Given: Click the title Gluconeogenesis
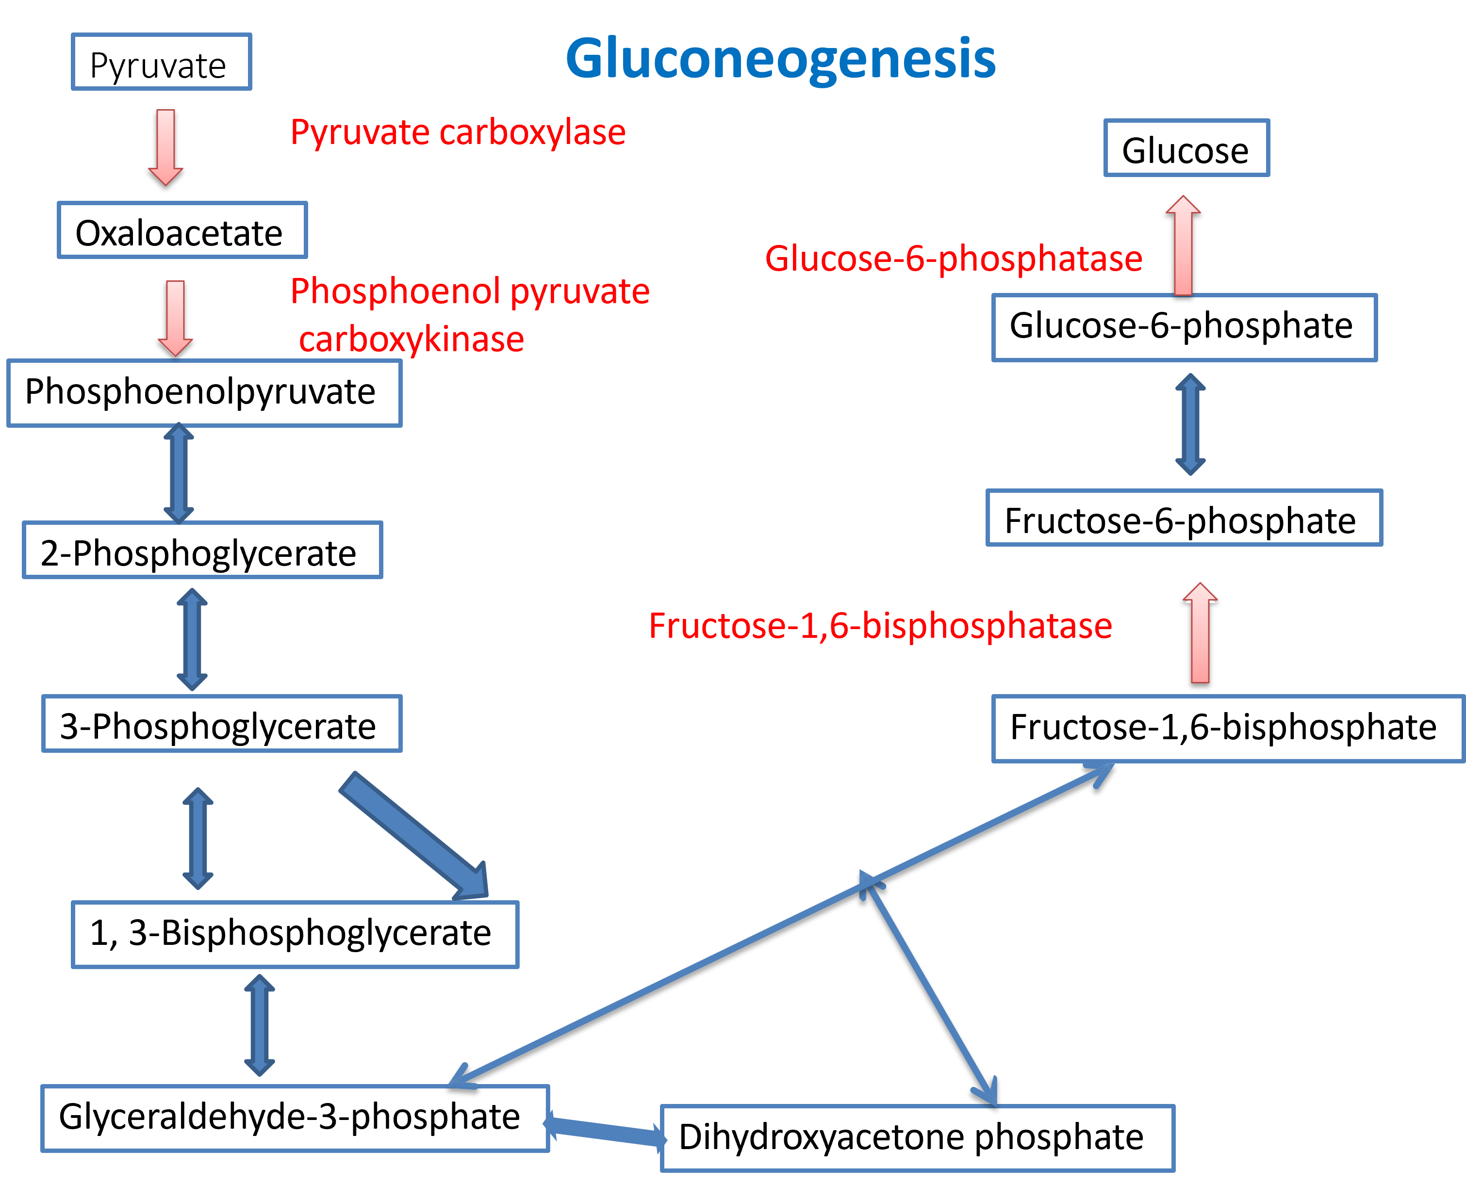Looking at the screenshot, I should [x=780, y=59].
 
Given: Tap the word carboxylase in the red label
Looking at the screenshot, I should [x=532, y=132].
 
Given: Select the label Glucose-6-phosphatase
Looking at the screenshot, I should [x=953, y=259].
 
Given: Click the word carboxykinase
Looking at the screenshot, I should [x=412, y=340].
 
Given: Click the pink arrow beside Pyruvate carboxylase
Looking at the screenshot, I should [x=166, y=146].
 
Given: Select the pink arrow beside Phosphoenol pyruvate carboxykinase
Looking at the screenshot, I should [x=175, y=318].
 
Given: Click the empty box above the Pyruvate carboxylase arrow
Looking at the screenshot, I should [x=162, y=62].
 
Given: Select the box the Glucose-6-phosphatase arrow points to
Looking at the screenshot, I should [x=1187, y=148].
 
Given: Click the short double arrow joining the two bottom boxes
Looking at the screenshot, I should [x=605, y=1131].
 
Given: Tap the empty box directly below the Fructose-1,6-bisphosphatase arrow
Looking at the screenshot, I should [x=1228, y=729].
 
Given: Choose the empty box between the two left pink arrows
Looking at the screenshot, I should [x=182, y=230].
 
